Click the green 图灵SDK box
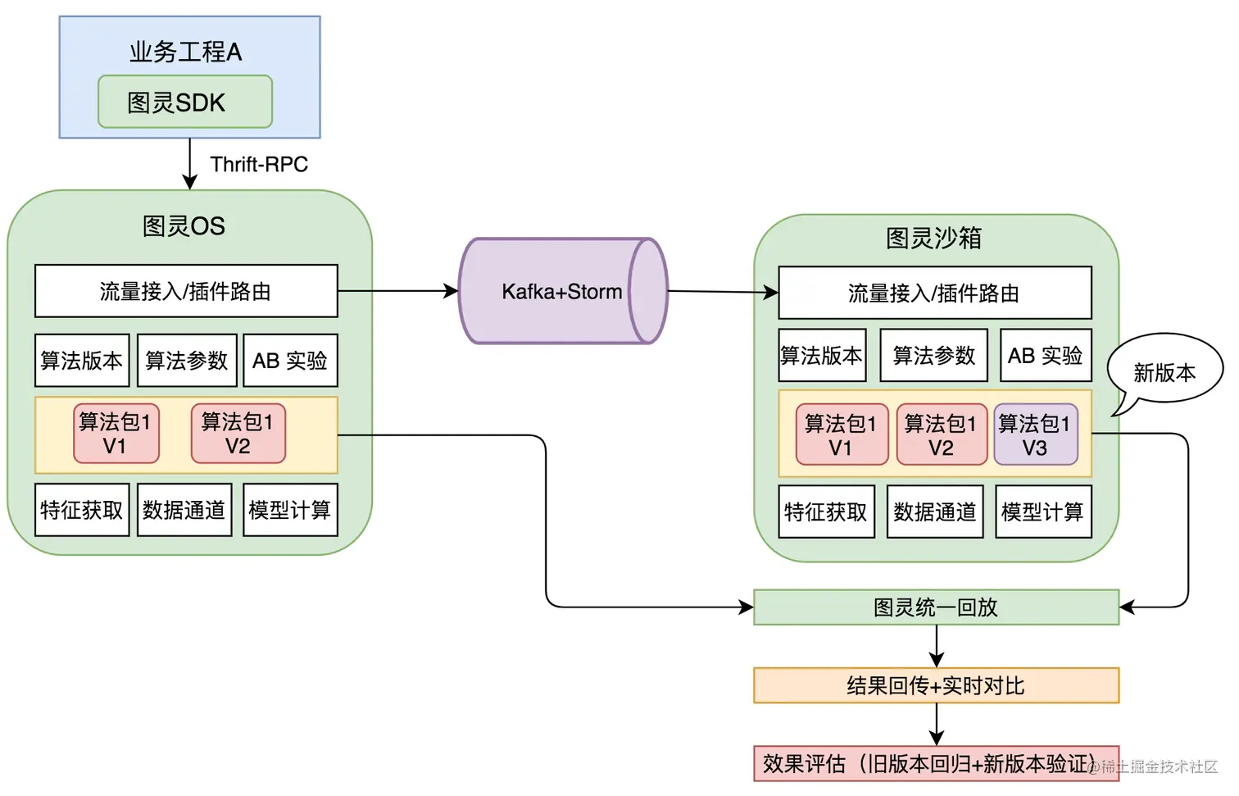pos(185,102)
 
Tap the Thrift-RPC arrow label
pos(259,164)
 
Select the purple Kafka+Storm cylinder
pos(562,291)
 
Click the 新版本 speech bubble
pos(1164,371)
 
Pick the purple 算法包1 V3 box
pos(1036,435)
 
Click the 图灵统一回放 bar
pos(936,607)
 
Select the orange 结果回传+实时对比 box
pos(936,685)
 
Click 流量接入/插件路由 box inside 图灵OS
pos(186,291)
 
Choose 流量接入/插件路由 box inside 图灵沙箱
pos(934,293)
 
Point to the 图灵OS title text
pos(184,226)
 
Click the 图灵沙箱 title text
pos(933,238)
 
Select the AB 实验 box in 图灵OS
pos(290,360)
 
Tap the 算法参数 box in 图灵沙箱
pos(933,355)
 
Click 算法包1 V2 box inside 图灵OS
pos(238,434)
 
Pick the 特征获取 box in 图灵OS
pos(82,510)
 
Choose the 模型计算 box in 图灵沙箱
pos(1043,512)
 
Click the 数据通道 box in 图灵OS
pos(184,510)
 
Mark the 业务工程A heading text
pos(186,52)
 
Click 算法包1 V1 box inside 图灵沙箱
pos(842,435)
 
